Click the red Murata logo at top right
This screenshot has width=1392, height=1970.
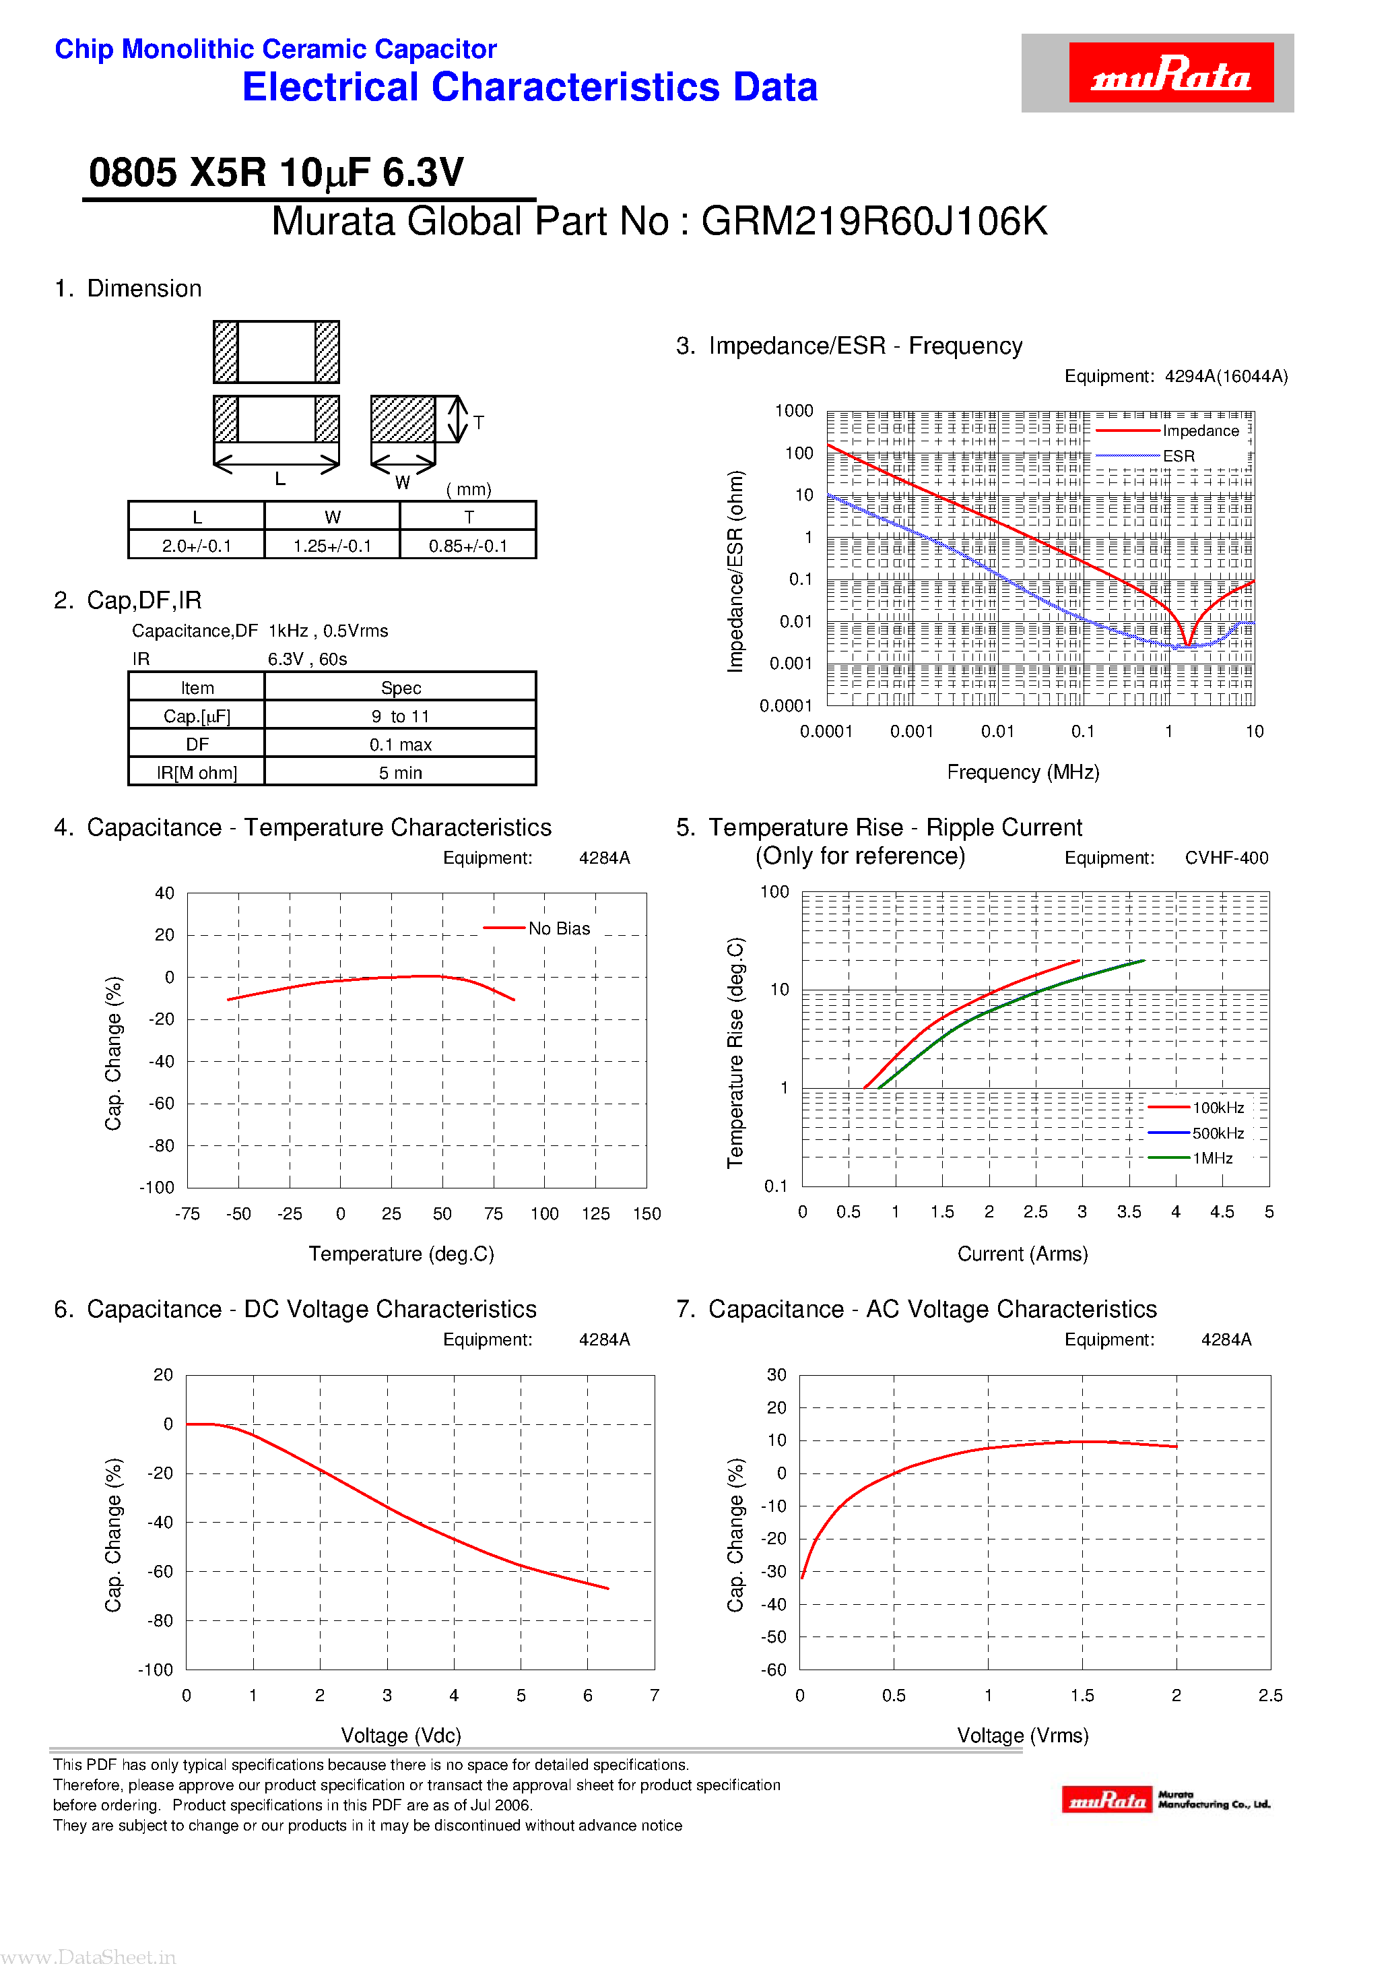(x=1170, y=73)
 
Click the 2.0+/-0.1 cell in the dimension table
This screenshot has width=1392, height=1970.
(x=197, y=546)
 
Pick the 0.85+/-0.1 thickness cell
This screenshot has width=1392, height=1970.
(x=468, y=546)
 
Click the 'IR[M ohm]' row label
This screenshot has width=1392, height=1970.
(x=197, y=773)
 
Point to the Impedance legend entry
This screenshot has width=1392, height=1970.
(x=1200, y=431)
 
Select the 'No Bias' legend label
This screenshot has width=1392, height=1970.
(x=558, y=928)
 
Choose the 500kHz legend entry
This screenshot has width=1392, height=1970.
(x=1217, y=1133)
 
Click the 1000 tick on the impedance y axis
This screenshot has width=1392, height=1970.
(x=793, y=411)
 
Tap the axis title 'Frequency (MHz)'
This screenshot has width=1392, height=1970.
(x=1022, y=772)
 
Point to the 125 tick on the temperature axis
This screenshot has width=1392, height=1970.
(x=595, y=1214)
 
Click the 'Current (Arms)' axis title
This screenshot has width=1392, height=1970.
(x=1022, y=1254)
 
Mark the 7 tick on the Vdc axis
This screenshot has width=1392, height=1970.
(x=655, y=1695)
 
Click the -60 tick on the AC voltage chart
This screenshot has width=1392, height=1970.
(x=774, y=1670)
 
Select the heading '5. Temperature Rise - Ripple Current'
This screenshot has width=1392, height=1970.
(x=878, y=827)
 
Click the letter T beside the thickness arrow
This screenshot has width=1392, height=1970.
(x=479, y=422)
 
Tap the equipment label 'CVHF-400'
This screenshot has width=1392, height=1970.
(x=1226, y=858)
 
